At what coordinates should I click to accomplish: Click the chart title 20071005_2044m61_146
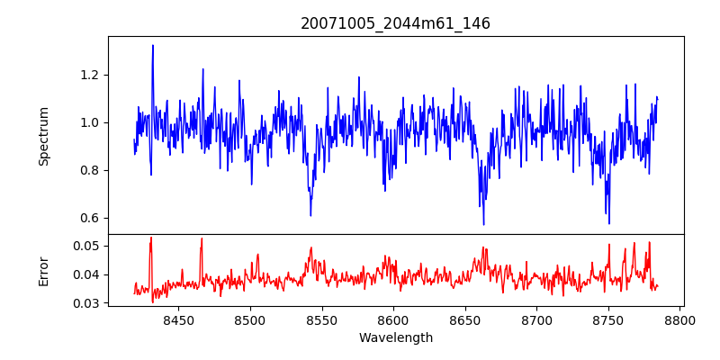[x=395, y=23]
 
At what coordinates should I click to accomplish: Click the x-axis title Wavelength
[x=395, y=338]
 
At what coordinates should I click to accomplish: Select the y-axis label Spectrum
[x=43, y=136]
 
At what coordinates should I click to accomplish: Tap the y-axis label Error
[x=43, y=271]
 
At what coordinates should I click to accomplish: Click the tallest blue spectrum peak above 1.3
[x=153, y=46]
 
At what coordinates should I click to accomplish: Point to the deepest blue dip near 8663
[x=483, y=223]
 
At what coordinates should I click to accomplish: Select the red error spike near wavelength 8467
[x=202, y=239]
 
